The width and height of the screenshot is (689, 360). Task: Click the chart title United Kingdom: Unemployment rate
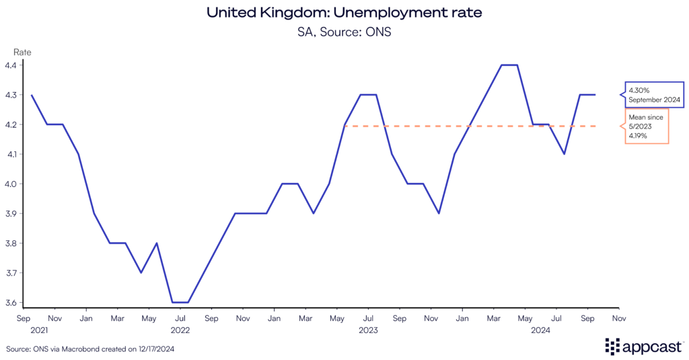tap(344, 13)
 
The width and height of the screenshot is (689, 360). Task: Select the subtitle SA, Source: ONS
tap(344, 31)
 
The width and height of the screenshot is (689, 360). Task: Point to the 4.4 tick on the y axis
tap(11, 65)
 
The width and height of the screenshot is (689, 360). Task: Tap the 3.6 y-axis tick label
tap(11, 303)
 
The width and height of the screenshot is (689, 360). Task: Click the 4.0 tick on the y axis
tap(11, 184)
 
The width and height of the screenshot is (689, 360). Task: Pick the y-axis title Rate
tap(23, 52)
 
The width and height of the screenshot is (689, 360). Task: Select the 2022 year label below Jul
tap(180, 330)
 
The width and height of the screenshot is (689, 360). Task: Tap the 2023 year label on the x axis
tap(368, 330)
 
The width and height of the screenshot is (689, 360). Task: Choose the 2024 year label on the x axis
tap(541, 330)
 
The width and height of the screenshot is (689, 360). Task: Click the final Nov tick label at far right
tap(619, 318)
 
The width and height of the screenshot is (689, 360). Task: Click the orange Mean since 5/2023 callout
tap(646, 125)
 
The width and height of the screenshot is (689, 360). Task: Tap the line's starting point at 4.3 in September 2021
tap(32, 95)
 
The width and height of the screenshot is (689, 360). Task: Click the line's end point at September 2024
tap(595, 95)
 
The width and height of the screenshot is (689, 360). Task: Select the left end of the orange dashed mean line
tap(345, 126)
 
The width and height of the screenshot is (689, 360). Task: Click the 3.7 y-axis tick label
tap(11, 273)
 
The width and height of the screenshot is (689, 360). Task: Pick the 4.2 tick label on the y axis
tap(11, 124)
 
